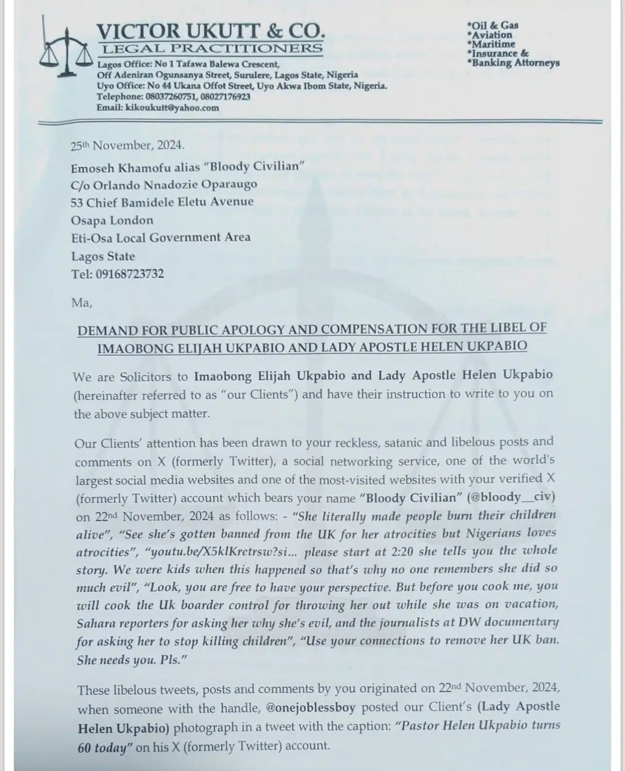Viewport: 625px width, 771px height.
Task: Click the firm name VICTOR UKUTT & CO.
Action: [x=210, y=32]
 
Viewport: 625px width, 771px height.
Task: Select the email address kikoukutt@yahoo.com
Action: [x=172, y=108]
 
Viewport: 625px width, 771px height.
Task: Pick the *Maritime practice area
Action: [x=491, y=44]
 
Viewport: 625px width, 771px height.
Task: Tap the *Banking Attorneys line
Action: [x=513, y=63]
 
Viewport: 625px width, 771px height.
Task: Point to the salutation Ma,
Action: [x=81, y=303]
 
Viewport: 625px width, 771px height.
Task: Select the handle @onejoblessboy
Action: [x=311, y=707]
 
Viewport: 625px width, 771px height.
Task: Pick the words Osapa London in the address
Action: [x=112, y=220]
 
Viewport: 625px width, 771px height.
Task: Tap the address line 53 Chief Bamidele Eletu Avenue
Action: [x=162, y=202]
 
